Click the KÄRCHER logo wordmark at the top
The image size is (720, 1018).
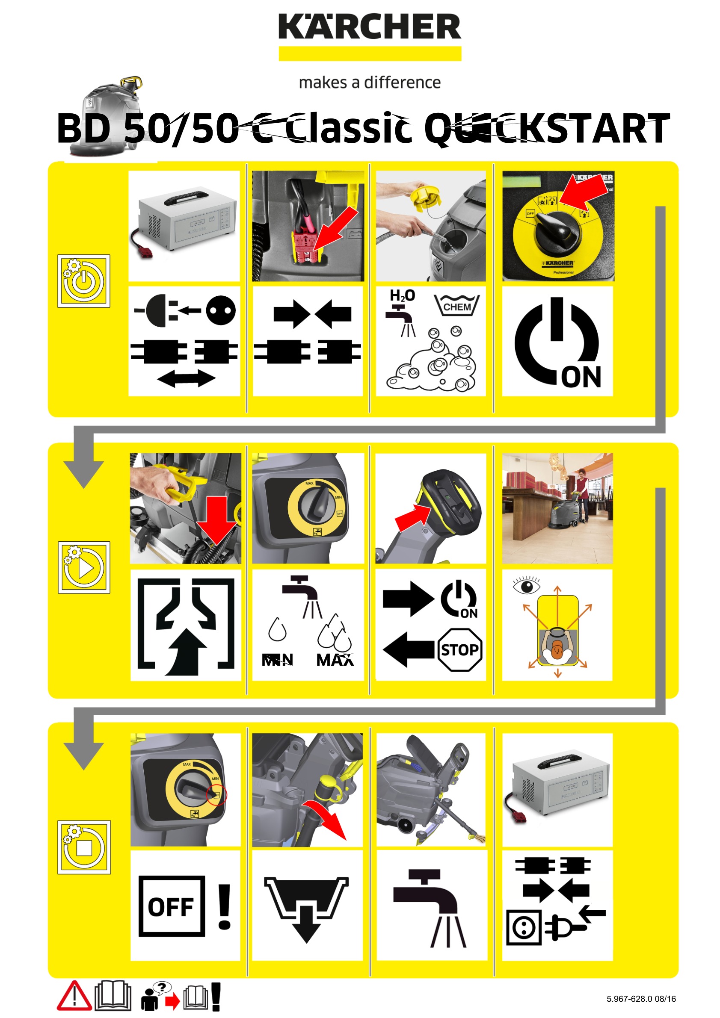(x=369, y=27)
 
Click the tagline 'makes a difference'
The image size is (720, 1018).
(x=369, y=83)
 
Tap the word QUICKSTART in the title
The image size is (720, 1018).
(x=547, y=129)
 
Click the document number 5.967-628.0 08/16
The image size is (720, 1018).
(x=640, y=998)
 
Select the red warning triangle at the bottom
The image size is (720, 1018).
(x=74, y=996)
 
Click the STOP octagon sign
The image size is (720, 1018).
(x=459, y=649)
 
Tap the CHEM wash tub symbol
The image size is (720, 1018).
(x=456, y=306)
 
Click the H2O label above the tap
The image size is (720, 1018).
(x=402, y=295)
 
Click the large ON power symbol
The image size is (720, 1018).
(x=557, y=342)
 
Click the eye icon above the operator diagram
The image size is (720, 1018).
(x=526, y=587)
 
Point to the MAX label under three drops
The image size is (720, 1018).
(x=335, y=660)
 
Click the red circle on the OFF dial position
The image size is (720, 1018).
(x=216, y=795)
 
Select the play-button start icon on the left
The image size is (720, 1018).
(x=84, y=567)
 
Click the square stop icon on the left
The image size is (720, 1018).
(x=84, y=847)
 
